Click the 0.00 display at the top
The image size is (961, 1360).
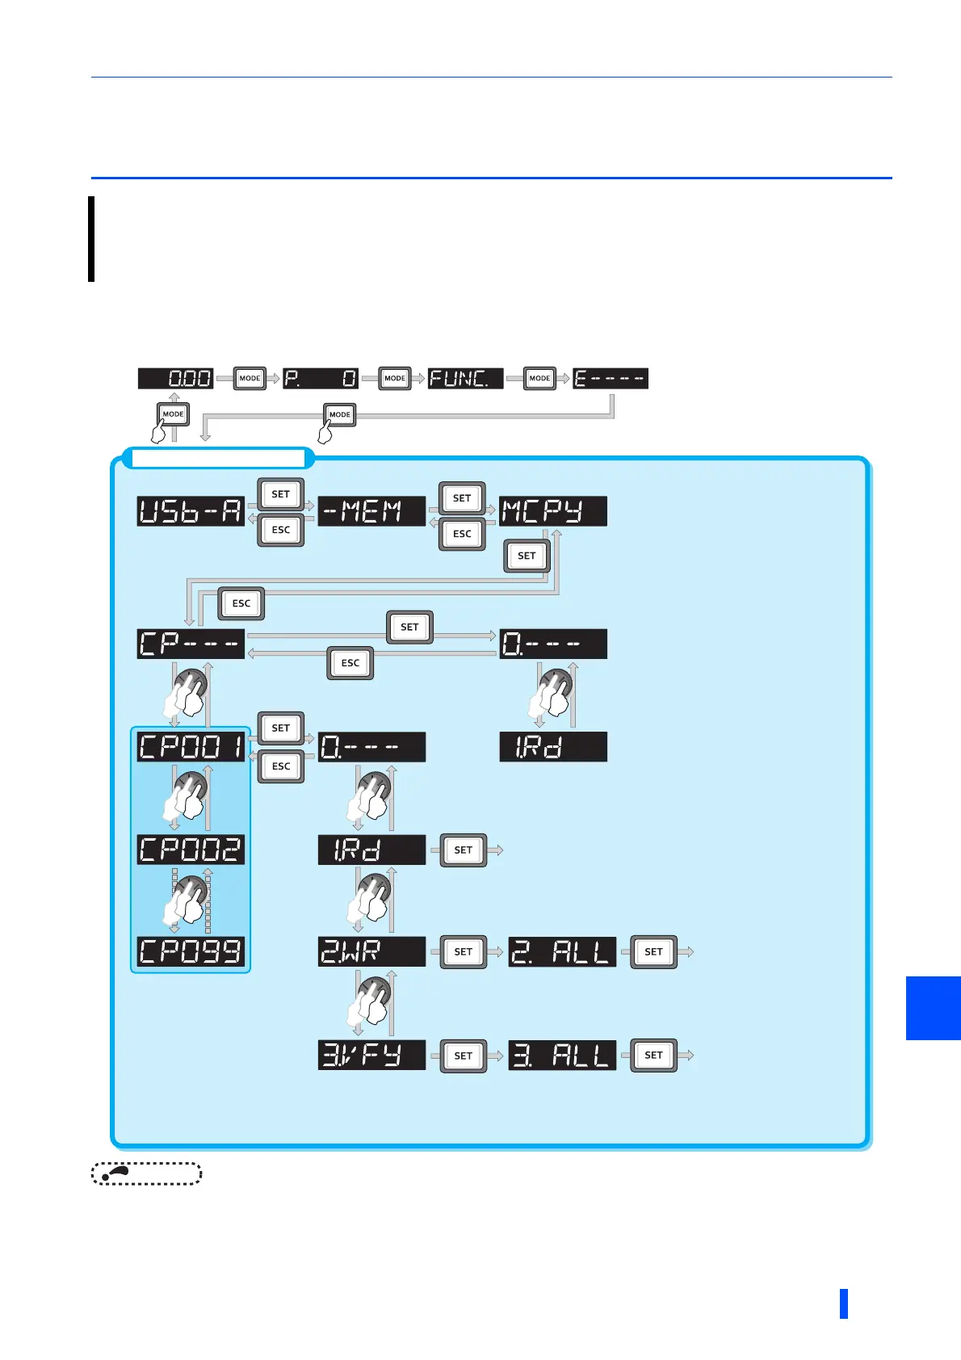point(175,378)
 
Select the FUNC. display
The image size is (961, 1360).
point(465,378)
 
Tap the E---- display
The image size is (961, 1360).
point(611,378)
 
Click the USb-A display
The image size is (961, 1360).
point(191,511)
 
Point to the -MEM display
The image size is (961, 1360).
point(371,511)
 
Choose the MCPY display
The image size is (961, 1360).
point(552,511)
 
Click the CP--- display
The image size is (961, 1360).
point(191,644)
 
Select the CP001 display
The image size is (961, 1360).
point(191,746)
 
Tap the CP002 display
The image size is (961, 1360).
point(191,849)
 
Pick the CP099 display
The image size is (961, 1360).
point(191,951)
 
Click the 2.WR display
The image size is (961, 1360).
point(371,951)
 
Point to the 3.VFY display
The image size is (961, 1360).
point(371,1055)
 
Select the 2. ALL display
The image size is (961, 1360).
point(562,951)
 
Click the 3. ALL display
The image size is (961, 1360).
point(562,1055)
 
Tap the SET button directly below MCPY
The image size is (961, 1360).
point(527,556)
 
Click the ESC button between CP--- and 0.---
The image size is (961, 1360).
point(350,663)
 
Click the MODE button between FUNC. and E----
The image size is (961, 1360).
point(539,378)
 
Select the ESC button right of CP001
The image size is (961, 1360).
point(281,766)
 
